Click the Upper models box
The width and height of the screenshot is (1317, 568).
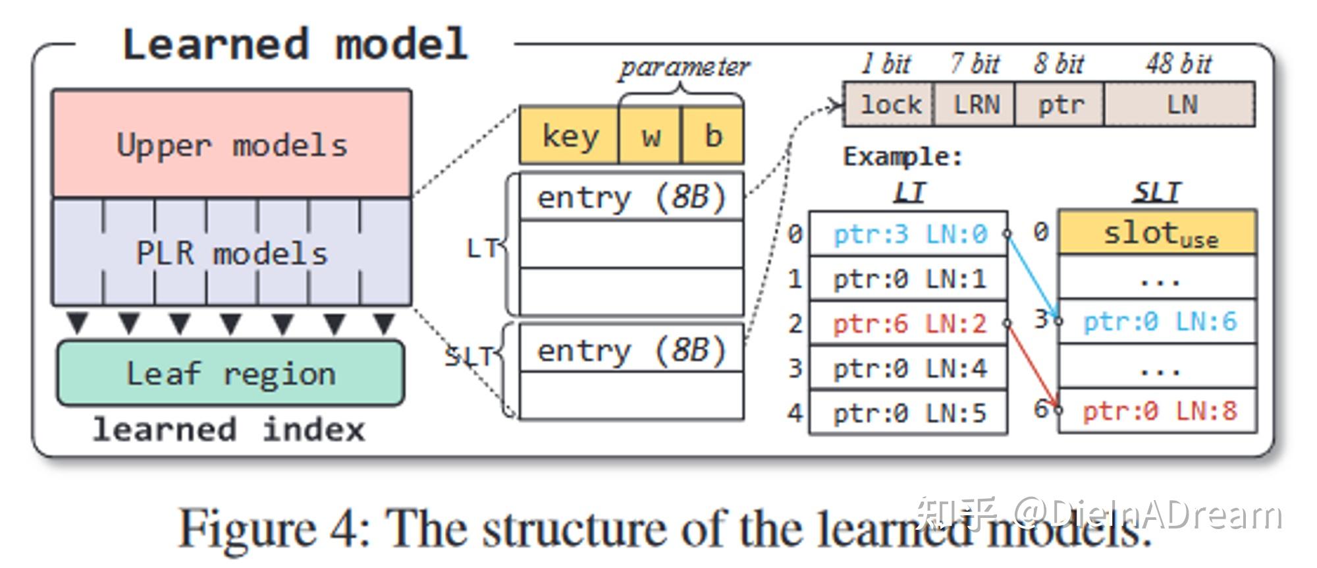point(232,144)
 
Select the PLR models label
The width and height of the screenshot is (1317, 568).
point(232,253)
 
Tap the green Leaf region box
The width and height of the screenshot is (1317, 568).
point(230,374)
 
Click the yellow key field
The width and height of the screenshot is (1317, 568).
point(570,136)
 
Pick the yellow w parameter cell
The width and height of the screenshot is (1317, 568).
point(651,136)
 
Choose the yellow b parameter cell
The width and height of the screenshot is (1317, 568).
point(713,136)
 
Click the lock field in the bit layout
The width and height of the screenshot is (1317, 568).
point(890,104)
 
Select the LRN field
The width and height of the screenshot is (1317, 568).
point(976,104)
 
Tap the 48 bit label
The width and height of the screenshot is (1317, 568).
point(1178,64)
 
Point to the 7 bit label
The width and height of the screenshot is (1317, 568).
point(975,64)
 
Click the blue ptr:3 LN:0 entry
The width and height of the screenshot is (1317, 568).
point(909,234)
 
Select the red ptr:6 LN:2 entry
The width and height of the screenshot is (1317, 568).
point(909,324)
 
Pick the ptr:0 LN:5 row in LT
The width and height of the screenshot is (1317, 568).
point(909,413)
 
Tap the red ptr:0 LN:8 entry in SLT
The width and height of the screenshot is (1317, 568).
point(1160,411)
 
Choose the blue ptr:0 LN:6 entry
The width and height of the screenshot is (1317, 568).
point(1160,322)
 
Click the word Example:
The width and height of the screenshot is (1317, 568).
point(903,157)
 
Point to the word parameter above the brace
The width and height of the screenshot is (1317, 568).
point(684,67)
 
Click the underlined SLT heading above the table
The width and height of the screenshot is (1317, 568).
point(1157,192)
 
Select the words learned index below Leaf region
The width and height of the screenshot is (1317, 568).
point(228,430)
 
